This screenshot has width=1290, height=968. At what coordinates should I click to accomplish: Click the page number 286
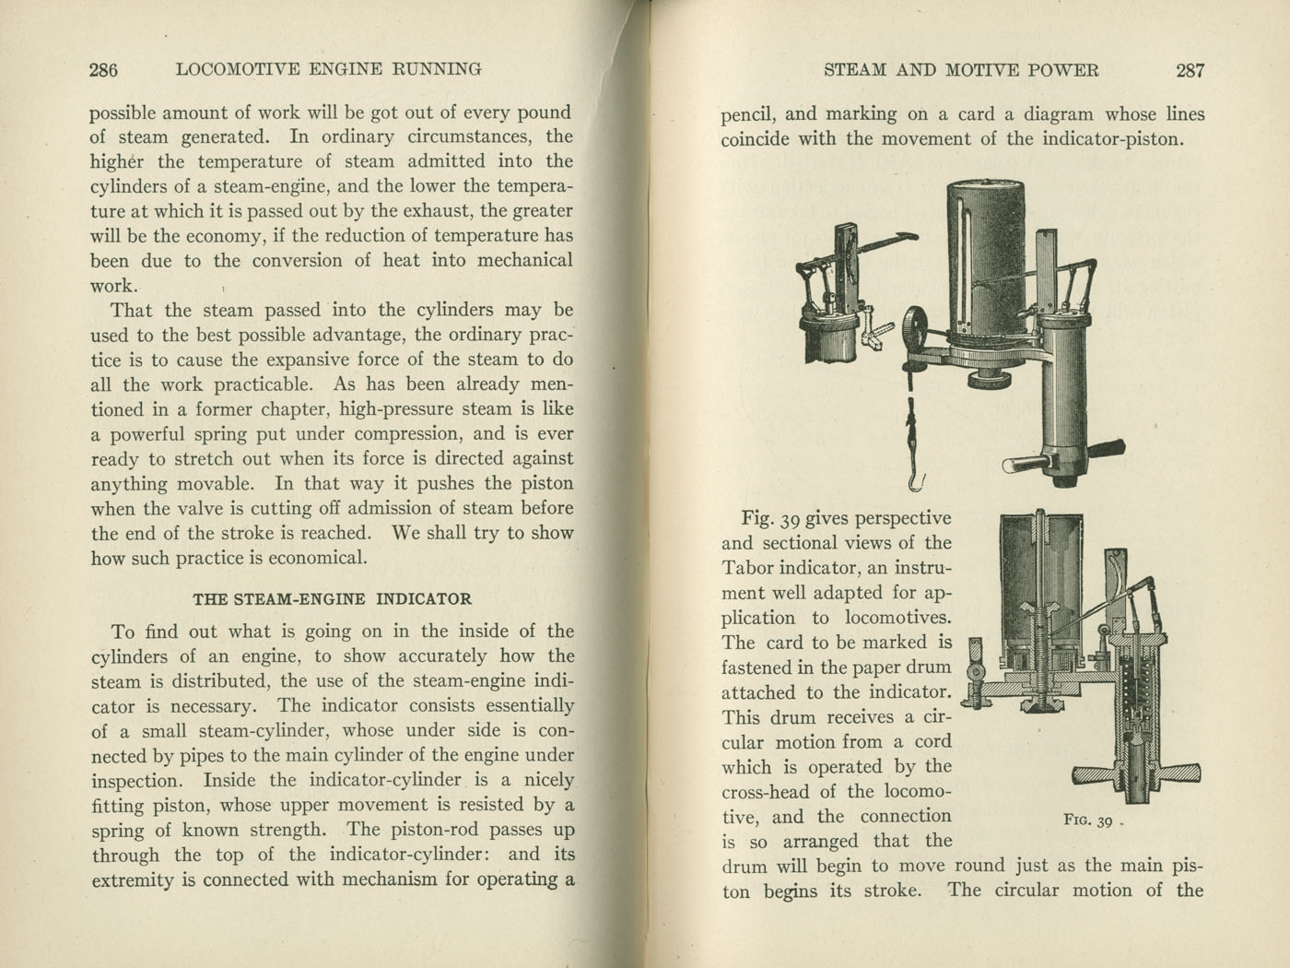click(103, 69)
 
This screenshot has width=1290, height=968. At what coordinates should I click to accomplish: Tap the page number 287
click(1190, 70)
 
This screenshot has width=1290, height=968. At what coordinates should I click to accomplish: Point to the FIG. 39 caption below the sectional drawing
click(1088, 820)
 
